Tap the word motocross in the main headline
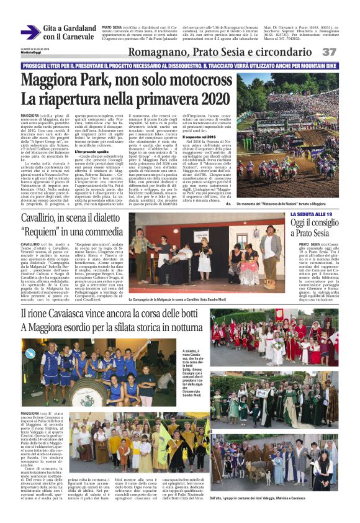[x=198, y=81]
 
